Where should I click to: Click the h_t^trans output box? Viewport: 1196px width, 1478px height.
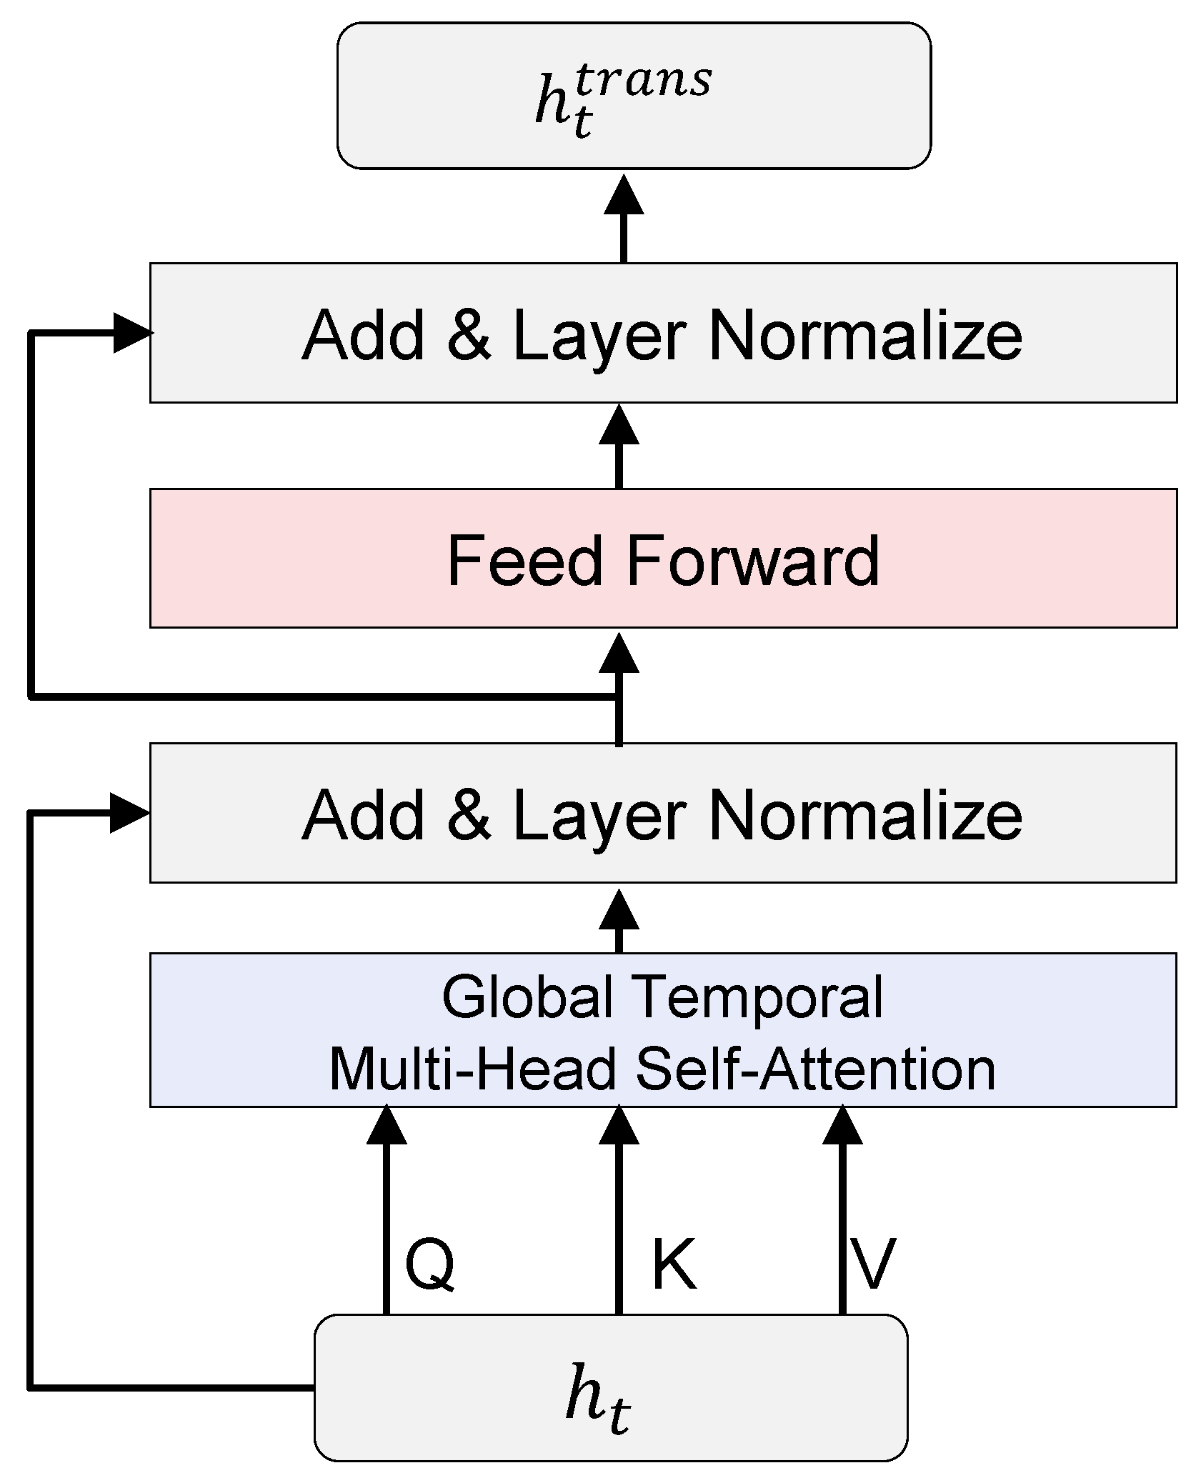point(634,96)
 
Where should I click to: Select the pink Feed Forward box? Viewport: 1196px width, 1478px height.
point(663,559)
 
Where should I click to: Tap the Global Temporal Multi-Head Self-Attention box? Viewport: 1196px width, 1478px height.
point(663,1030)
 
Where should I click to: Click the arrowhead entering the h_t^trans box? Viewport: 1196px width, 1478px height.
point(624,195)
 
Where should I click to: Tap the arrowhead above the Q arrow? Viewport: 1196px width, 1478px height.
point(387,1125)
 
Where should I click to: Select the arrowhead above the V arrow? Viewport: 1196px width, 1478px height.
point(842,1125)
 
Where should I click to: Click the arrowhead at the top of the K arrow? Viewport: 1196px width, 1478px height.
point(619,1125)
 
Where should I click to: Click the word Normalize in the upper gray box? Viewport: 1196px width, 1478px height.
point(865,335)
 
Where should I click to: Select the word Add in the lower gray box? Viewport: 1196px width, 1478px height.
point(364,815)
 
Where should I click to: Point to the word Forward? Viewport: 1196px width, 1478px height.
point(753,561)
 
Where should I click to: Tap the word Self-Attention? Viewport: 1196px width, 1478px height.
point(815,1069)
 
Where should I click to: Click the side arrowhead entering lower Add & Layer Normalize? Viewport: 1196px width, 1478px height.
point(130,813)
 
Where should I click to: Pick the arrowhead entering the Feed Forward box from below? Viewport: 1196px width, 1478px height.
point(619,654)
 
